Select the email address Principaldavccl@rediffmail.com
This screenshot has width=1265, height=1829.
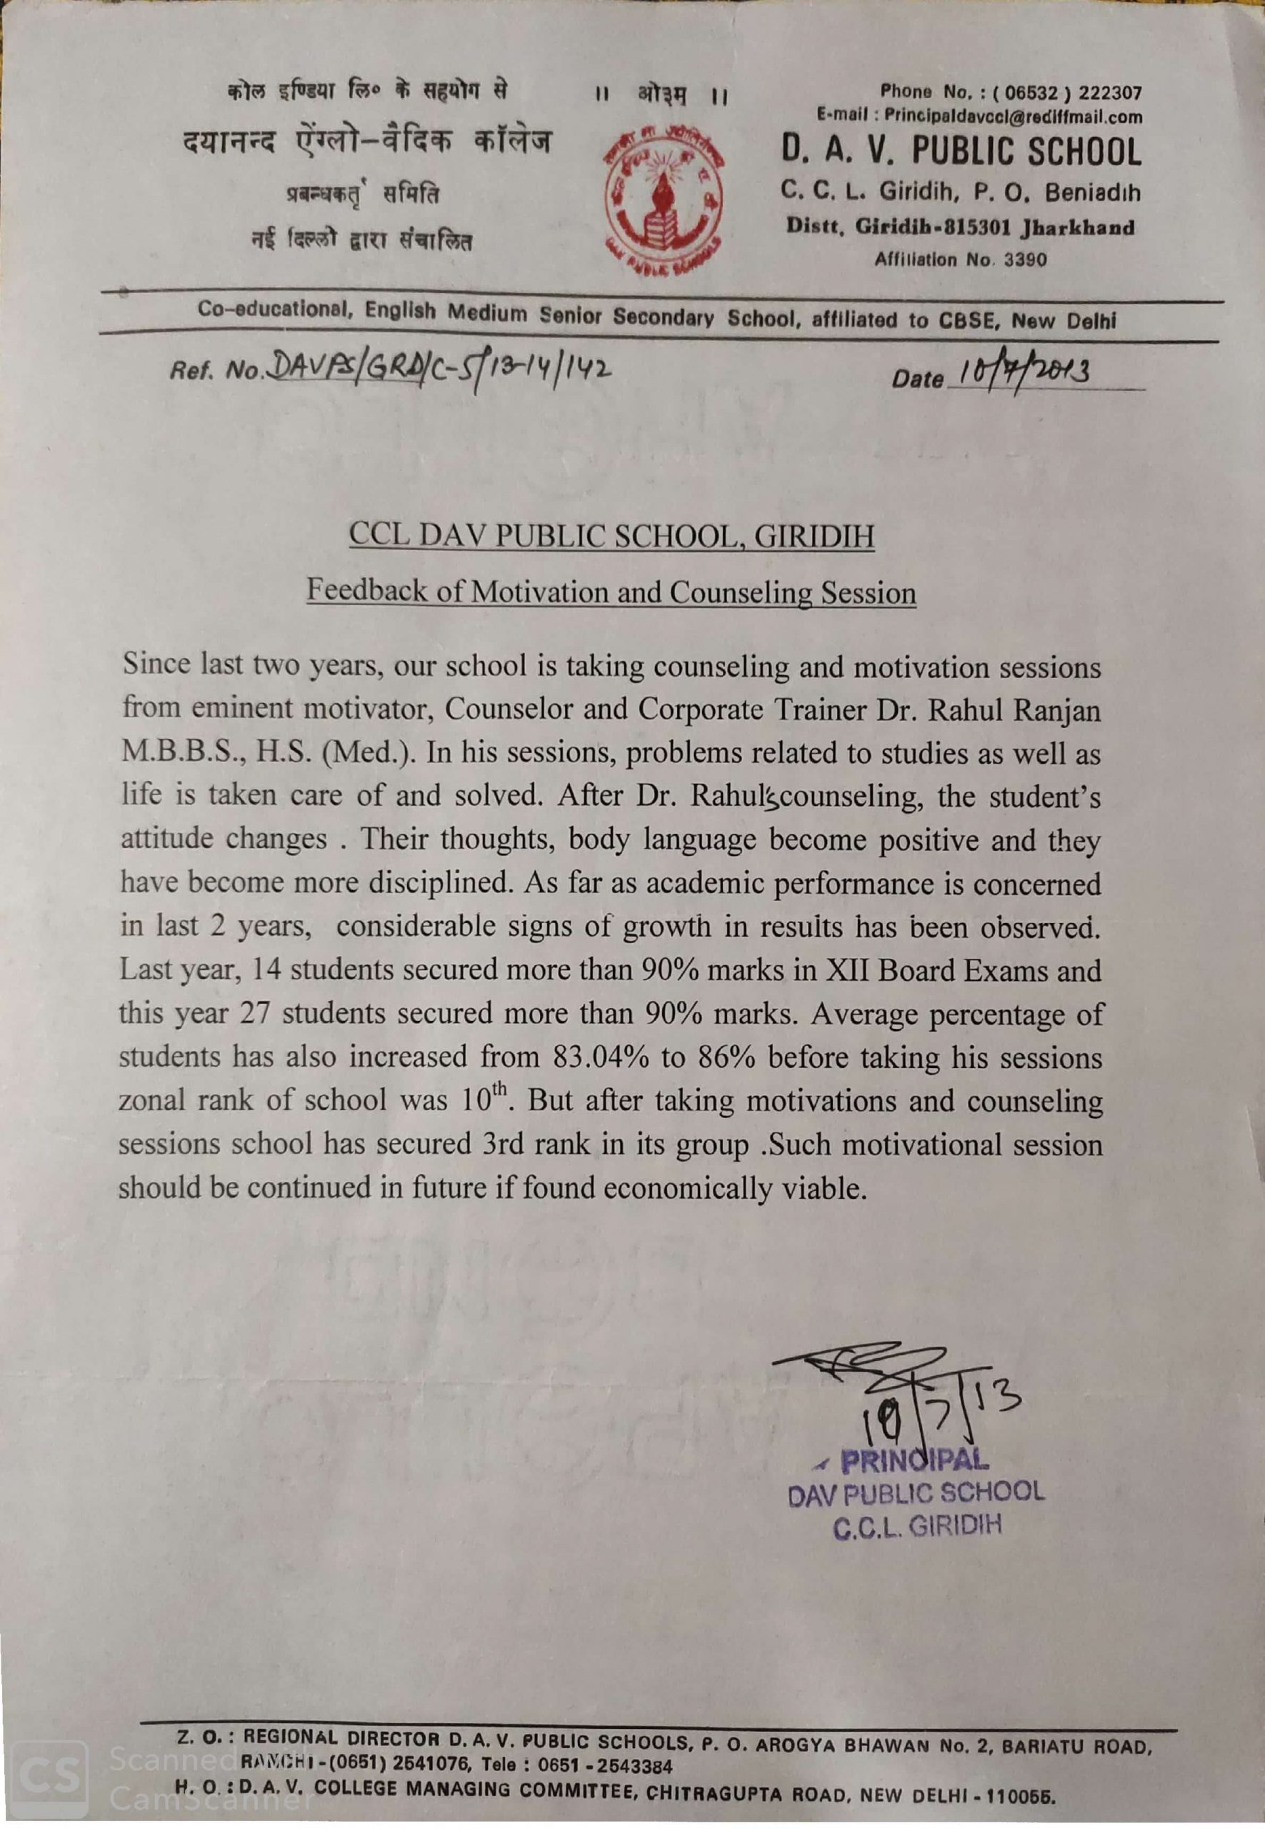coord(1013,117)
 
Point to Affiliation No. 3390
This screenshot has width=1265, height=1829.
coord(960,260)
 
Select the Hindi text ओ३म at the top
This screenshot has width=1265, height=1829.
coord(663,96)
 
